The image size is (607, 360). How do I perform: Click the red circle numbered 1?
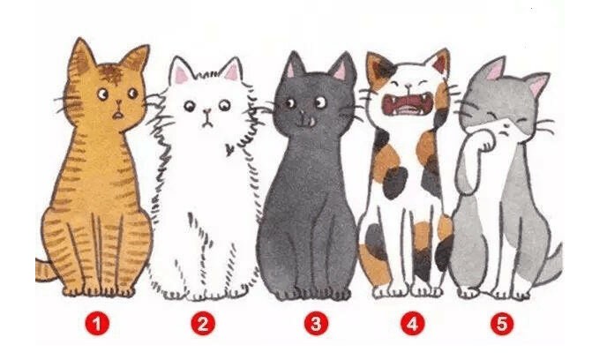(97, 324)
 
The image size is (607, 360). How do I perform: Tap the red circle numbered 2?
(203, 324)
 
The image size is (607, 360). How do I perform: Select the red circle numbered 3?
(316, 324)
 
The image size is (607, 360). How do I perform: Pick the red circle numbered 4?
(412, 324)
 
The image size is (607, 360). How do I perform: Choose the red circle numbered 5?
(502, 324)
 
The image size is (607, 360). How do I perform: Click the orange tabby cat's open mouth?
(118, 115)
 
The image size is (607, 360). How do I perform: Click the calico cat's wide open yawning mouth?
(408, 104)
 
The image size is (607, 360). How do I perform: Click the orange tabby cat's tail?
(46, 270)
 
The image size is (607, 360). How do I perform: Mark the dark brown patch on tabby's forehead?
(111, 72)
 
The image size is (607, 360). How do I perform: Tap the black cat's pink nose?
(302, 113)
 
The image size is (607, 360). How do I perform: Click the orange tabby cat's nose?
(119, 103)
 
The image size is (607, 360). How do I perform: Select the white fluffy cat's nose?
(207, 112)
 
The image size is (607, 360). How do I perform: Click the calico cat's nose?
(408, 86)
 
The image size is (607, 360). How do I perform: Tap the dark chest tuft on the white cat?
(229, 149)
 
